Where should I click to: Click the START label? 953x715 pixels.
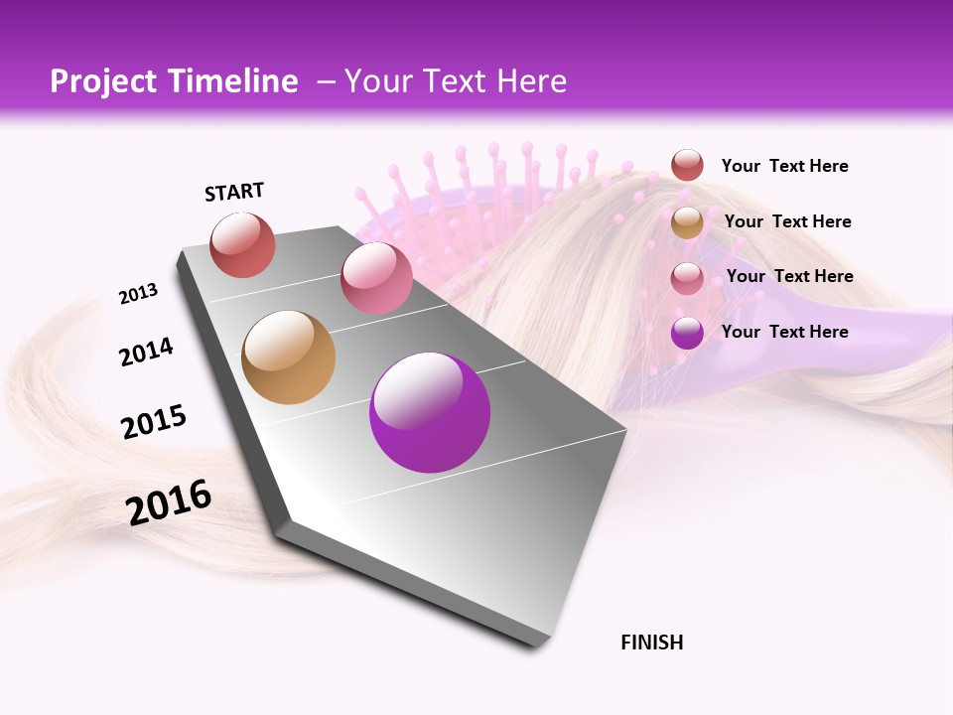[x=234, y=192]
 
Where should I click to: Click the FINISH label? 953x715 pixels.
[x=651, y=643]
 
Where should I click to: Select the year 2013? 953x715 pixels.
[x=138, y=294]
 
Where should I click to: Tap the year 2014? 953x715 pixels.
[x=146, y=352]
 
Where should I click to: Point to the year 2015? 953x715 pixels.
[x=154, y=422]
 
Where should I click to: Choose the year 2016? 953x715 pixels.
[x=169, y=501]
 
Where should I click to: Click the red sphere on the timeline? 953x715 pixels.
[x=242, y=245]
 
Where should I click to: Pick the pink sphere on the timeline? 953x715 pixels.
[x=376, y=277]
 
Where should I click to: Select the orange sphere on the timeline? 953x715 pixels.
[x=289, y=357]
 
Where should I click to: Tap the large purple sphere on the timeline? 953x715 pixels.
[x=430, y=412]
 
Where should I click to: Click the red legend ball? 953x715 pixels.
[x=687, y=166]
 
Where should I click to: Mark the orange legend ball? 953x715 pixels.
[x=687, y=222]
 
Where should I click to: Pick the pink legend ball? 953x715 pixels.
[x=687, y=277]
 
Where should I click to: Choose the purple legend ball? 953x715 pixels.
[x=687, y=333]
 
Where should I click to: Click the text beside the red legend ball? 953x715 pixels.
[x=784, y=167]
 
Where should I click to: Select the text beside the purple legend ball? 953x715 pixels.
[x=784, y=332]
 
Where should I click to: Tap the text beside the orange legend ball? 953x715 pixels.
[x=787, y=221]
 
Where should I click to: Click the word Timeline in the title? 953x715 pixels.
[x=235, y=81]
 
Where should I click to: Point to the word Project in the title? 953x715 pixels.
[x=103, y=81]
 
